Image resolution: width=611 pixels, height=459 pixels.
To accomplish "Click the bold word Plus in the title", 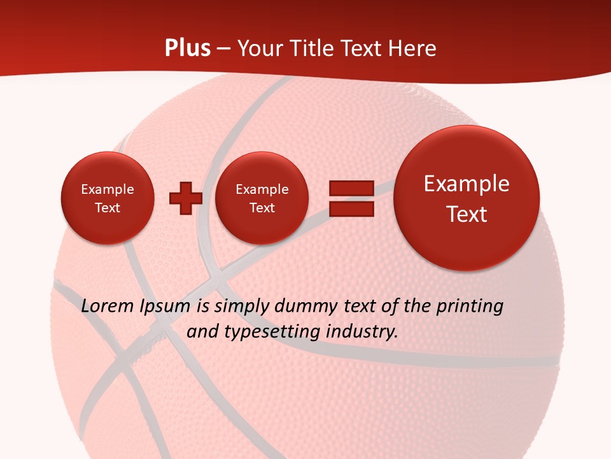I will pos(187,48).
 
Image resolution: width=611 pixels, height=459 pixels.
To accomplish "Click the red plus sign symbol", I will pos(185,198).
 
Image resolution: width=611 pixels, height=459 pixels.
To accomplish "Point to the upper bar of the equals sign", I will pos(351,188).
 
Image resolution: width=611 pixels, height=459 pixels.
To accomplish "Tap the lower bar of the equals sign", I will pos(351,208).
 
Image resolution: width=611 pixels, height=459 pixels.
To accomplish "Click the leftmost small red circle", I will pos(108,198).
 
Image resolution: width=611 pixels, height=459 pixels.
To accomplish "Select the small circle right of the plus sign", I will pos(262,198).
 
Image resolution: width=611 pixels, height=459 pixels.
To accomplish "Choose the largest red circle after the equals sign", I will pos(467,198).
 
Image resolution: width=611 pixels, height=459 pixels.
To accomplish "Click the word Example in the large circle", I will pos(467,184).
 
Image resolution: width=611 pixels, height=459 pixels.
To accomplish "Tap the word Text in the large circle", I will pos(467,214).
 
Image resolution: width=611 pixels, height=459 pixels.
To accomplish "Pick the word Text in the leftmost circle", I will pos(108,208).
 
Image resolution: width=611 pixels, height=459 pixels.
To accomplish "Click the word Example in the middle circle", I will pos(262,189).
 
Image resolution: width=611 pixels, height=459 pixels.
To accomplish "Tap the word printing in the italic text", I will pos(470,307).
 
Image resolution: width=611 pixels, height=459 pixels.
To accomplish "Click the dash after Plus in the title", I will pos(223,49).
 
